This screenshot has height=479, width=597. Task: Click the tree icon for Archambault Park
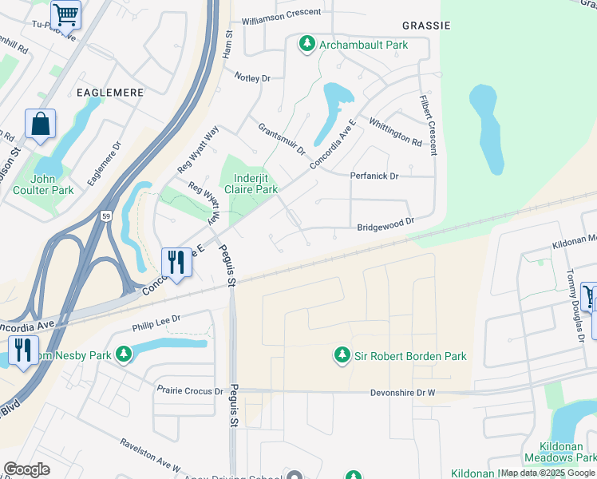click(x=307, y=45)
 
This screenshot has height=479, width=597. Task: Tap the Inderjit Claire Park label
click(x=255, y=184)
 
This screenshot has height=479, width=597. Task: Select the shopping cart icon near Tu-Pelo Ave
click(x=65, y=13)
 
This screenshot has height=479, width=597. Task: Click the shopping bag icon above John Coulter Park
click(x=40, y=125)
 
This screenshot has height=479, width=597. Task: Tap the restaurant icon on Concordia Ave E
click(x=176, y=262)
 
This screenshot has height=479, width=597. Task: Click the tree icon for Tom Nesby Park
click(x=123, y=354)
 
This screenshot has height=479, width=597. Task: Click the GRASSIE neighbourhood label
click(x=421, y=26)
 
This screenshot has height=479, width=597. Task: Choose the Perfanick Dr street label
click(x=374, y=176)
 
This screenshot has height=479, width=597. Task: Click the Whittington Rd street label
click(x=395, y=132)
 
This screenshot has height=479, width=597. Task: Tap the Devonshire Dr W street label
click(x=402, y=393)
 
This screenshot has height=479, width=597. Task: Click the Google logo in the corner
click(x=26, y=469)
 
